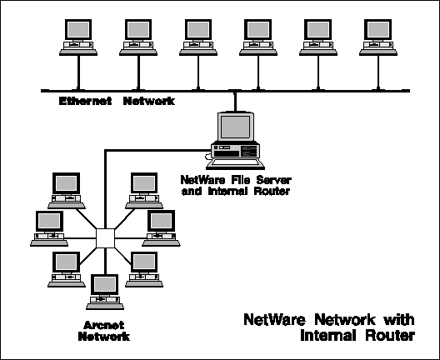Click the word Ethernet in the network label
click(x=85, y=101)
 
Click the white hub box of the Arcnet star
click(x=105, y=238)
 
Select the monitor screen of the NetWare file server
click(x=236, y=127)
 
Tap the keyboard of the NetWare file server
click(x=235, y=164)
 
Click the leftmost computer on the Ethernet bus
click(x=78, y=37)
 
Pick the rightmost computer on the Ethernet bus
click(x=378, y=37)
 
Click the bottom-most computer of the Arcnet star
click(x=105, y=292)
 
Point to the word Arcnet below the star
click(x=104, y=325)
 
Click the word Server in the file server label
click(x=274, y=179)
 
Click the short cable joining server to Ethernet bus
click(x=235, y=102)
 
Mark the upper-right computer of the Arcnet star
click(x=144, y=191)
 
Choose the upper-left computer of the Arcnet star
click(x=67, y=191)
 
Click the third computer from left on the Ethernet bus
click(x=198, y=37)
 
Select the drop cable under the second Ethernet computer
click(x=138, y=72)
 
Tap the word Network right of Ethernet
click(x=149, y=101)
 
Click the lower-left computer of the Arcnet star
click(x=67, y=269)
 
